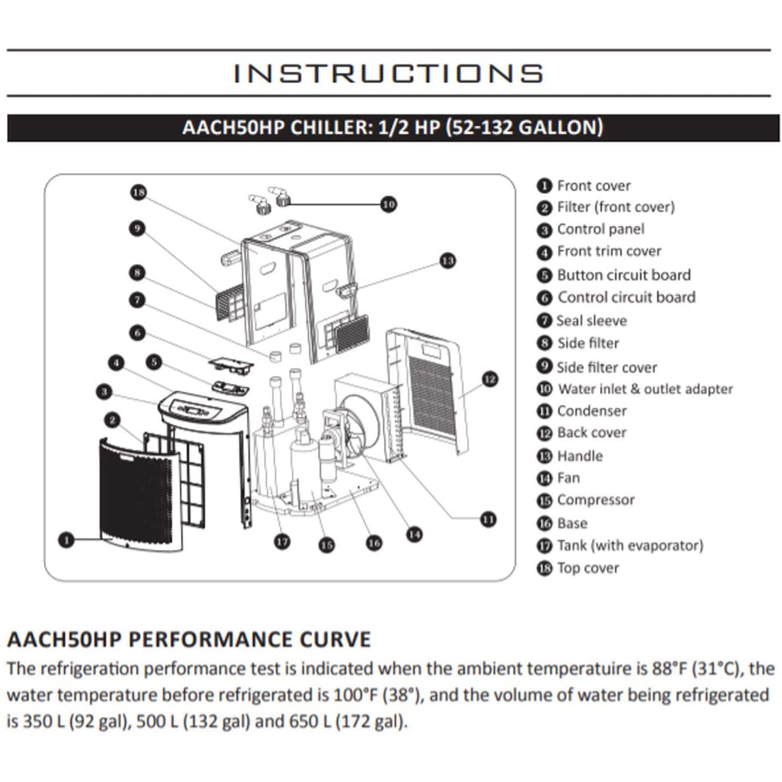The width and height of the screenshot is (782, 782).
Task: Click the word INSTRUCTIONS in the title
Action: (x=388, y=74)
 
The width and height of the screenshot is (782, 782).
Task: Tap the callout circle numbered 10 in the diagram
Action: (x=389, y=204)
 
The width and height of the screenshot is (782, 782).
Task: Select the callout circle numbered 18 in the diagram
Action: (x=139, y=192)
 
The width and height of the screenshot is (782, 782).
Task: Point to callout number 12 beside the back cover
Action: (x=489, y=379)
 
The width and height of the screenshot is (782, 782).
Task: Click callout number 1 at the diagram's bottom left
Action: (x=66, y=540)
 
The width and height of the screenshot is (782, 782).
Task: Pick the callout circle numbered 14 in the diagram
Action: (x=414, y=535)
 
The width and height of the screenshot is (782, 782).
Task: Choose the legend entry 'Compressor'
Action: (x=595, y=500)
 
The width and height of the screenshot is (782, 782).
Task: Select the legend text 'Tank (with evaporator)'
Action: (x=630, y=546)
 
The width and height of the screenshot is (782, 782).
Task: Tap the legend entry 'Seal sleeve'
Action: (x=592, y=321)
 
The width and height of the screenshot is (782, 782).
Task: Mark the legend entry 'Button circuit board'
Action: (x=623, y=275)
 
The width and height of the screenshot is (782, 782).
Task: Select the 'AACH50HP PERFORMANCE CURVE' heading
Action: (x=189, y=639)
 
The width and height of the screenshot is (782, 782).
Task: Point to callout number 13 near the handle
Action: (x=447, y=261)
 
